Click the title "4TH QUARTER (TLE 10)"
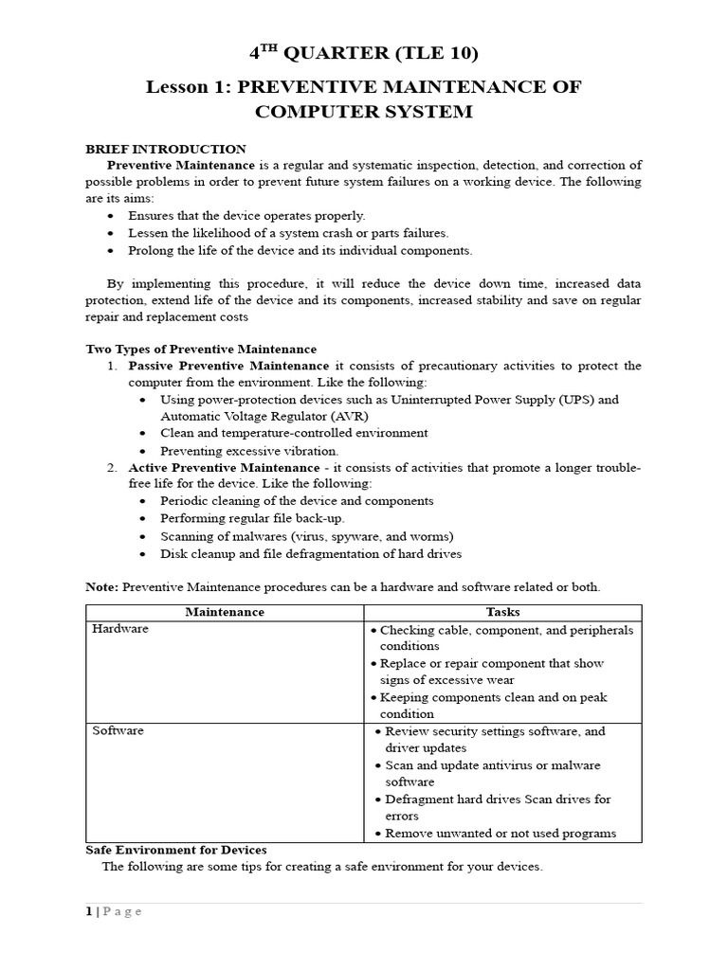point(363,53)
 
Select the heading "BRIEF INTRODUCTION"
point(166,149)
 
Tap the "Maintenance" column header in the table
point(225,612)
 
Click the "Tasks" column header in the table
point(502,612)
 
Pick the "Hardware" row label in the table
point(120,629)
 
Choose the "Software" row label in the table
point(118,731)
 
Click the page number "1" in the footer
point(89,911)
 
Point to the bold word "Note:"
point(102,587)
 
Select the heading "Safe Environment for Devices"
point(176,850)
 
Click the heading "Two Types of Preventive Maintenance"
point(201,349)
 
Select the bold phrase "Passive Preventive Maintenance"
point(228,366)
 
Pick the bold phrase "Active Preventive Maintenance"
point(224,468)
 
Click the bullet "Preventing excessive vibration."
point(249,451)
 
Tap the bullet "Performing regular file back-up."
point(252,519)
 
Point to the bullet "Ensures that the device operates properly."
point(246,216)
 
